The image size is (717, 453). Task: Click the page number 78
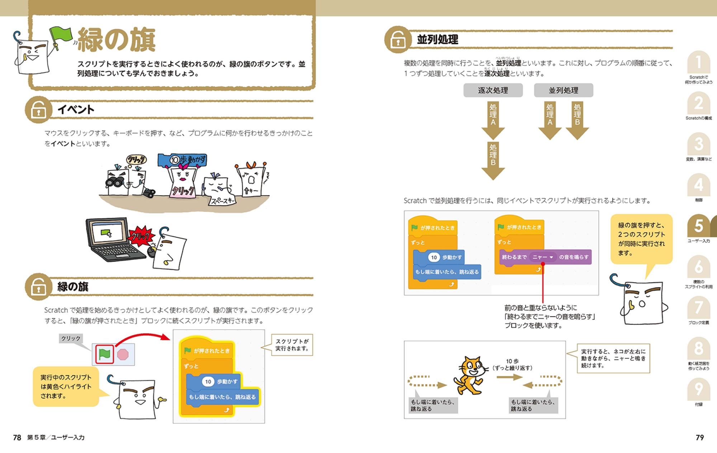pyautogui.click(x=17, y=437)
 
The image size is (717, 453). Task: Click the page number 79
pyautogui.click(x=699, y=437)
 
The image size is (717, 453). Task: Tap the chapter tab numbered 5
pyautogui.click(x=698, y=226)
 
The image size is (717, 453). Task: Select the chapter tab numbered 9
pyautogui.click(x=698, y=389)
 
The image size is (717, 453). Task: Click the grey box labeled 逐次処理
pyautogui.click(x=493, y=90)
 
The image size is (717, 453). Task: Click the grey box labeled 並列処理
pyautogui.click(x=563, y=90)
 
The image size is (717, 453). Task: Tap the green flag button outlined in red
pyautogui.click(x=104, y=354)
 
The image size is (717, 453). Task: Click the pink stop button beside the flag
pyautogui.click(x=123, y=354)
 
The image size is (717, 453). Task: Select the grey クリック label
pyautogui.click(x=71, y=338)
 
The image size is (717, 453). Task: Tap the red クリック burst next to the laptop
pyautogui.click(x=141, y=236)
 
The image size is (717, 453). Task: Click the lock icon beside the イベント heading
pyautogui.click(x=38, y=110)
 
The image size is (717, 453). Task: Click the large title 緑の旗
pyautogui.click(x=117, y=39)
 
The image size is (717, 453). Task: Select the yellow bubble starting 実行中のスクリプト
pyautogui.click(x=66, y=386)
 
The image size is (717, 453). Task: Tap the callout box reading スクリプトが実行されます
pyautogui.click(x=292, y=345)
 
